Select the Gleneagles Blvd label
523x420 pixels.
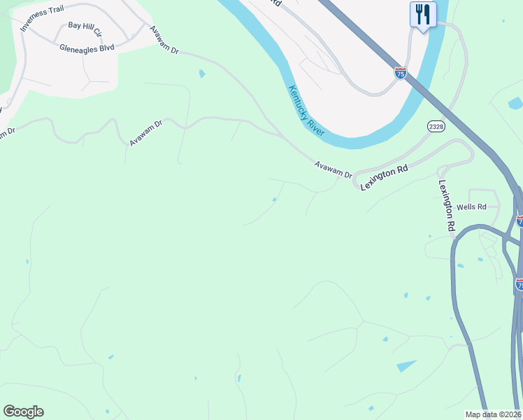coord(87,48)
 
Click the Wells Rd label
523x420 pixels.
coord(471,207)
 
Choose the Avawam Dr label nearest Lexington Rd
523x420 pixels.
coord(333,169)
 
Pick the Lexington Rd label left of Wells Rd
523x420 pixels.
coord(447,206)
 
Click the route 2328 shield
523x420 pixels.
coord(436,125)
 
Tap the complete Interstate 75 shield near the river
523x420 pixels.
coord(400,73)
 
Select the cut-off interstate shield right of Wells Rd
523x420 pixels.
coord(520,221)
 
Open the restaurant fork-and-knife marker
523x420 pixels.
coord(422,14)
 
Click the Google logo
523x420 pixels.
coord(23,412)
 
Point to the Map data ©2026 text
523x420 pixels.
coord(494,414)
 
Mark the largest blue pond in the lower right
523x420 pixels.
coord(406,366)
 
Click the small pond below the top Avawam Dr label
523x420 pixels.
coord(202,73)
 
